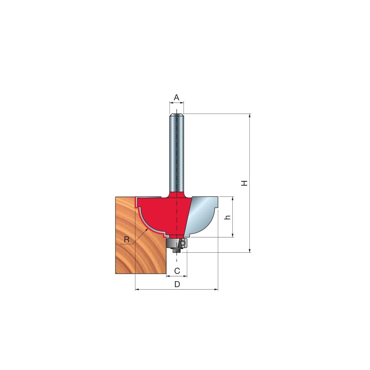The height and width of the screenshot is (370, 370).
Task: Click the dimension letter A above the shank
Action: point(176,97)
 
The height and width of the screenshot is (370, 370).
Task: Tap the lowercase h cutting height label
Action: point(228,217)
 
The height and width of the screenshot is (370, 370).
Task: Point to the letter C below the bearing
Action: point(177,271)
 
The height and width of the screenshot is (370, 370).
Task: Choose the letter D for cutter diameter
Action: point(177,284)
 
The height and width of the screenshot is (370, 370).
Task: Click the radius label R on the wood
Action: point(127,240)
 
